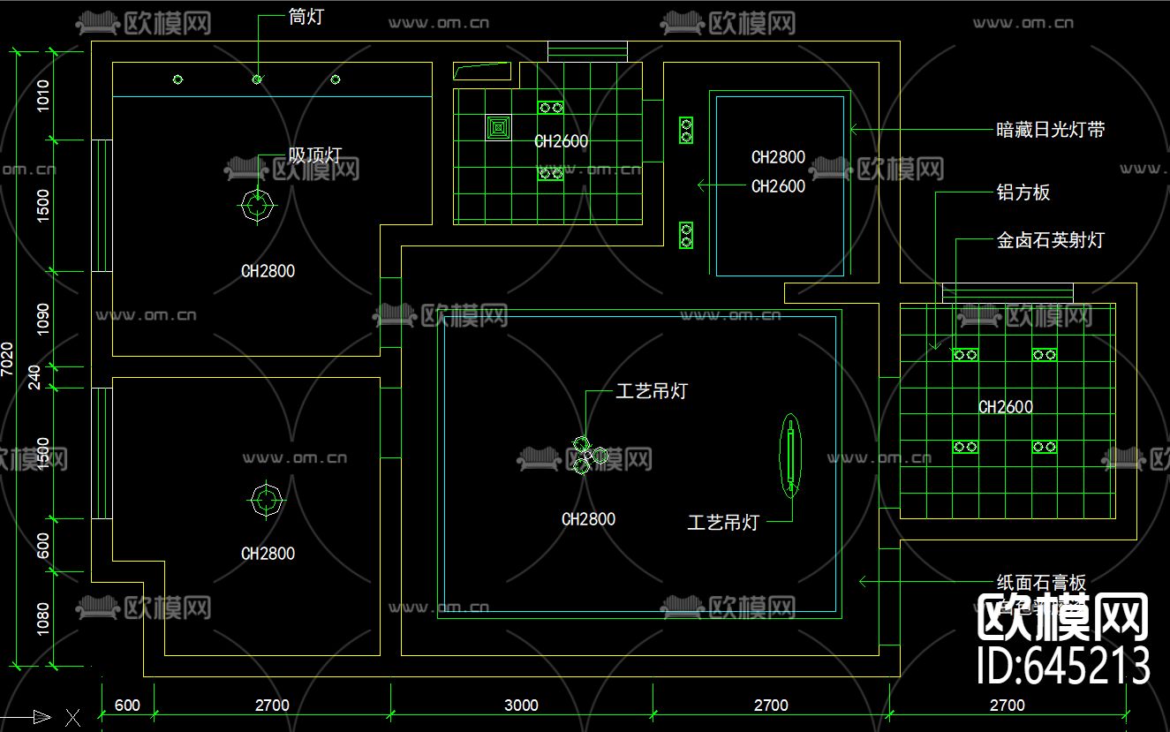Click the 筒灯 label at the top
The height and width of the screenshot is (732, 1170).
coord(306,17)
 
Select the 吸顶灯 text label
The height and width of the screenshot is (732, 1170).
coord(314,155)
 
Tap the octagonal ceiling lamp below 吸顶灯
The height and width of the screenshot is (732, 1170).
coord(257,207)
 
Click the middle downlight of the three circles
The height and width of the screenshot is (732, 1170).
coord(257,79)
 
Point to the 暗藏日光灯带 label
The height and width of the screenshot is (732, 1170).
coord(1050,130)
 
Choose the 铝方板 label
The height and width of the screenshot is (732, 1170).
coord(1023,192)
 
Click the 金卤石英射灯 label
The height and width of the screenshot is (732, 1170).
coord(1050,240)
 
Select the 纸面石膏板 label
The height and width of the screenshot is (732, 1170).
coord(1041,583)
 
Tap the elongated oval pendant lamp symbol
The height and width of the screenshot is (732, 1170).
coord(790,455)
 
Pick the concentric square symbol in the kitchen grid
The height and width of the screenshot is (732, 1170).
coord(498,128)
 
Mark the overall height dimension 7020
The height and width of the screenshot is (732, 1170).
coord(8,358)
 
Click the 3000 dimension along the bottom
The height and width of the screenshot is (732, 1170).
coord(521,706)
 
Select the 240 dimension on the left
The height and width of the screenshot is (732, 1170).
coord(35,377)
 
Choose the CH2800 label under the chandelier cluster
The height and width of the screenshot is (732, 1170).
coord(588,519)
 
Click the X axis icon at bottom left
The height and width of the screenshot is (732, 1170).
coord(72,717)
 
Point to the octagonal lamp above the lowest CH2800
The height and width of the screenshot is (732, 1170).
coord(266,501)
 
